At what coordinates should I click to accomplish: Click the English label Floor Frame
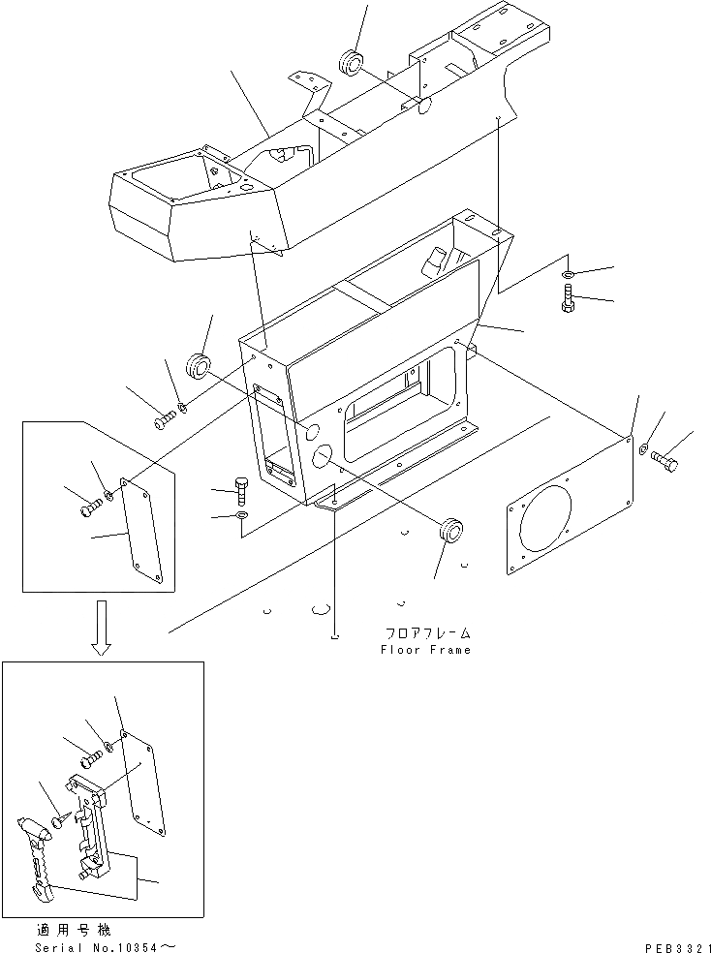pyautogui.click(x=425, y=650)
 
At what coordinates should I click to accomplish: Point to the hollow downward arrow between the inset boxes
pyautogui.click(x=101, y=626)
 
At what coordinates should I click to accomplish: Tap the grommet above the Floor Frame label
pyautogui.click(x=448, y=530)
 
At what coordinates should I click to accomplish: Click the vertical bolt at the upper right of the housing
pyautogui.click(x=568, y=299)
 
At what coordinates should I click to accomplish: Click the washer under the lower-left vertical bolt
pyautogui.click(x=242, y=514)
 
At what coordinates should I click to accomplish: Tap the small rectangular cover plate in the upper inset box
pyautogui.click(x=147, y=531)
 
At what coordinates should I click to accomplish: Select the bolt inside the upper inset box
pyautogui.click(x=93, y=503)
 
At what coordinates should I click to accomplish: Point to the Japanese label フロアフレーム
pyautogui.click(x=425, y=633)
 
